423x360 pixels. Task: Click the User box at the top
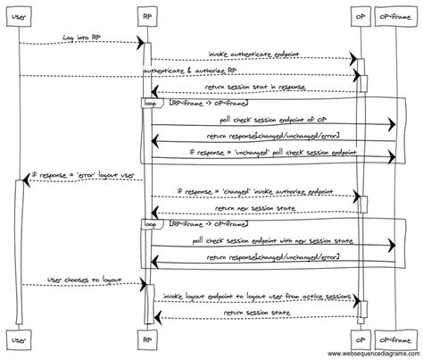coord(21,16)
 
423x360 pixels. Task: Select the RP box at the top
coord(146,16)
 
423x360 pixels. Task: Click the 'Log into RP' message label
coord(82,37)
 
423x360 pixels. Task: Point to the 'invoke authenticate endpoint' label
coord(254,54)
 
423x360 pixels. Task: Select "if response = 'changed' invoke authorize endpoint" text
coord(254,190)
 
